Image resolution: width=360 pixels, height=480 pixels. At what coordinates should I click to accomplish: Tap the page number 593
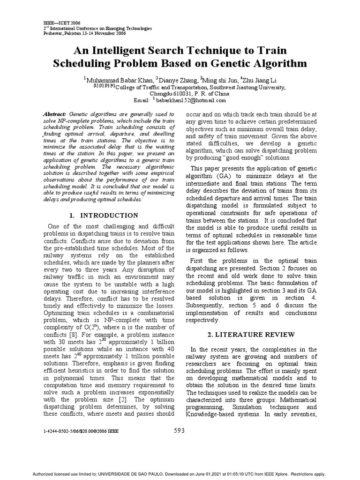point(179,430)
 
